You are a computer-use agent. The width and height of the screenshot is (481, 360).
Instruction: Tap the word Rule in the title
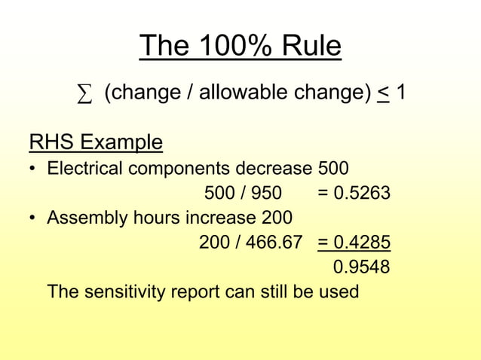click(311, 47)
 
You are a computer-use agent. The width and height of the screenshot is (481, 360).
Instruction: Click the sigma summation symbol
click(85, 95)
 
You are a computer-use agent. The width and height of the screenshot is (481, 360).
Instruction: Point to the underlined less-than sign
click(383, 93)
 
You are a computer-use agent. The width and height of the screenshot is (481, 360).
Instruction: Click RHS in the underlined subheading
click(51, 142)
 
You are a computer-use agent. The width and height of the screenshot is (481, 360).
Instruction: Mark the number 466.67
click(274, 243)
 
